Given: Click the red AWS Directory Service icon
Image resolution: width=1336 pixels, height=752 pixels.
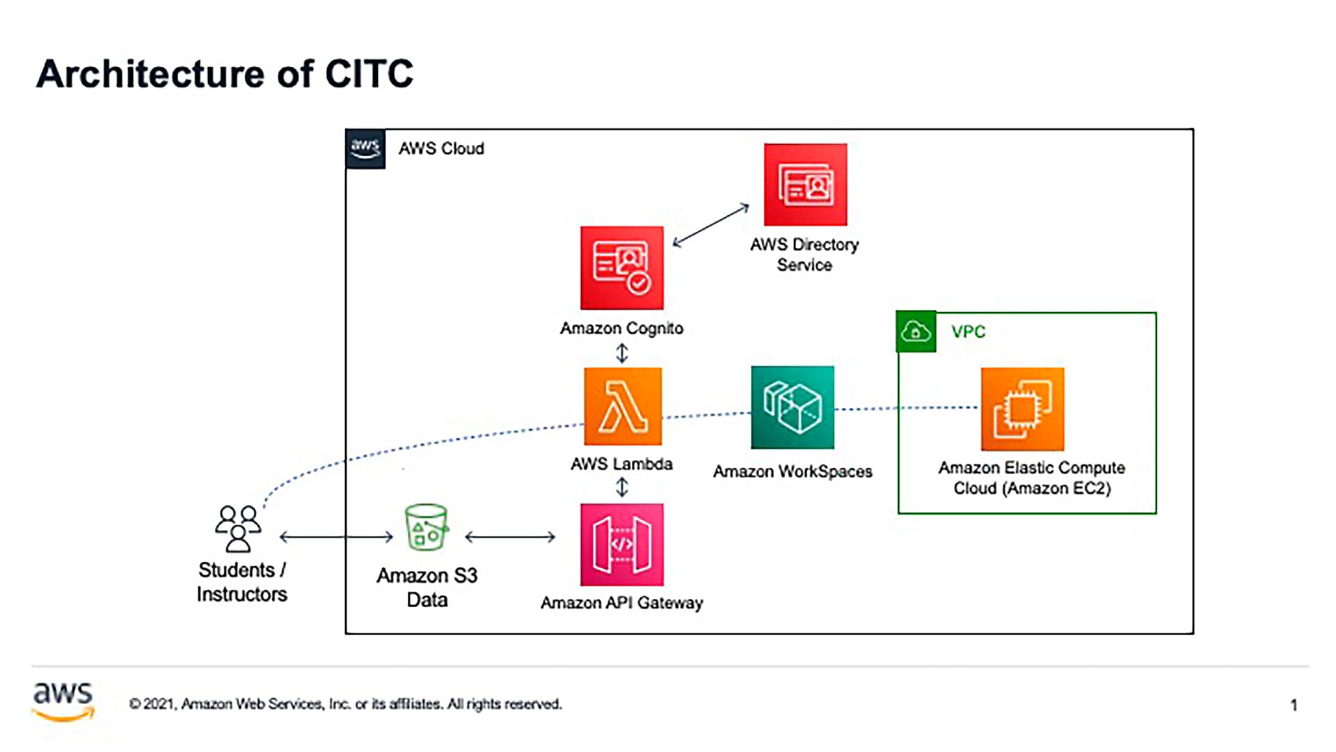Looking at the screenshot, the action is coord(805,185).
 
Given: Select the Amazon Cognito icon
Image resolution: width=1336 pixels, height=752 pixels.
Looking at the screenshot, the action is coord(622,268).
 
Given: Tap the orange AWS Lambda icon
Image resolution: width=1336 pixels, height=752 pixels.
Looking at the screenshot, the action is coord(623,407).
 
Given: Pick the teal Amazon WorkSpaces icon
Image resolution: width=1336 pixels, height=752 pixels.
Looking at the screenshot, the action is coord(793,407).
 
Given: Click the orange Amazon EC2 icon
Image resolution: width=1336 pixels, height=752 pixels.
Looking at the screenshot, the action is coord(1022,409).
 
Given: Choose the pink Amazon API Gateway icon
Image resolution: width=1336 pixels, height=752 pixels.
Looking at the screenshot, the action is coord(622,545).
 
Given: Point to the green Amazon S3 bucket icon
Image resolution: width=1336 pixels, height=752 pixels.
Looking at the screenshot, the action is coord(427,528).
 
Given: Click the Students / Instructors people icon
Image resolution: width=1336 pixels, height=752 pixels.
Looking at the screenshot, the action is coord(238,529).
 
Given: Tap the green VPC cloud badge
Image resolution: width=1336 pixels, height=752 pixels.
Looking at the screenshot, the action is coord(916,331).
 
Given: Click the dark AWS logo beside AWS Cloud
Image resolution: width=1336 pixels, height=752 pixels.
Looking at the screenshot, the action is coord(365,149).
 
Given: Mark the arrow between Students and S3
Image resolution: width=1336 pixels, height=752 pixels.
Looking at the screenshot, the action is coord(336,537).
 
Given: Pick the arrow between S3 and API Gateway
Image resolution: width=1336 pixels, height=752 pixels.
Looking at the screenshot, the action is coord(510,537).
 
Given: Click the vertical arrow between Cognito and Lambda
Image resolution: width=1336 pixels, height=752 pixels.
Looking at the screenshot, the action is coord(622,354).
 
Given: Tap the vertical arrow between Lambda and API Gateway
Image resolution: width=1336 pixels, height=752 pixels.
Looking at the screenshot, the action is coord(622,487).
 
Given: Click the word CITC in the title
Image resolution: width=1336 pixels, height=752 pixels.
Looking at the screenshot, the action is coord(369,74).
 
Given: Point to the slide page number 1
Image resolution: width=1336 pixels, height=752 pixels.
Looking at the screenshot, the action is coord(1294,705).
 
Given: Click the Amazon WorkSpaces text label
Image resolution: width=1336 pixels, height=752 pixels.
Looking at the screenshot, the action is coord(793,471).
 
